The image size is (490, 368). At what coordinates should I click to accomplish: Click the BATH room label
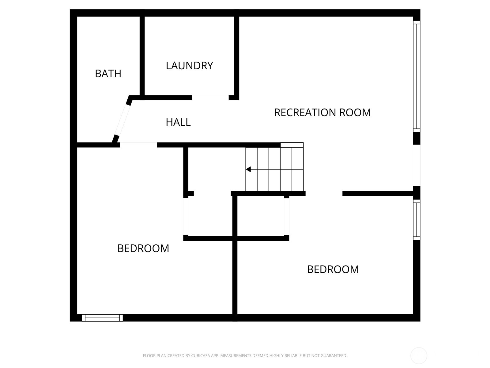108,74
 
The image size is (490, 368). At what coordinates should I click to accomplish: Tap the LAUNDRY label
189,66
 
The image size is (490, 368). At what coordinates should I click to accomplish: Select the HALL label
178,122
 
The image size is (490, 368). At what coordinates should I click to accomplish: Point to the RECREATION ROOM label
322,113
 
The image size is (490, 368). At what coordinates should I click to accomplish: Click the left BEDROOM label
143,248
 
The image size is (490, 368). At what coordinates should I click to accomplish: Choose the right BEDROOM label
333,269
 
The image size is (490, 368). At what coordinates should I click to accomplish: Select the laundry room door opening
210,98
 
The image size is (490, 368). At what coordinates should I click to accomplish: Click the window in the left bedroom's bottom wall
102,318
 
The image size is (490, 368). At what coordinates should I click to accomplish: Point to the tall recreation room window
417,76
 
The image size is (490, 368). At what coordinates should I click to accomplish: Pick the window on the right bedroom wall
417,219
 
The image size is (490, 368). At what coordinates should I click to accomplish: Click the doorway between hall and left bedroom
138,144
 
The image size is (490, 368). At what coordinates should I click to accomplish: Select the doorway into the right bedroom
324,193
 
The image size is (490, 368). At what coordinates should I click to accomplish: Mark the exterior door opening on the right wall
417,165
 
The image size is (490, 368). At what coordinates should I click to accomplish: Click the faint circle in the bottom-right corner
419,356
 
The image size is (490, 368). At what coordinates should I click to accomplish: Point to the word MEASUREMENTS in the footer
236,356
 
